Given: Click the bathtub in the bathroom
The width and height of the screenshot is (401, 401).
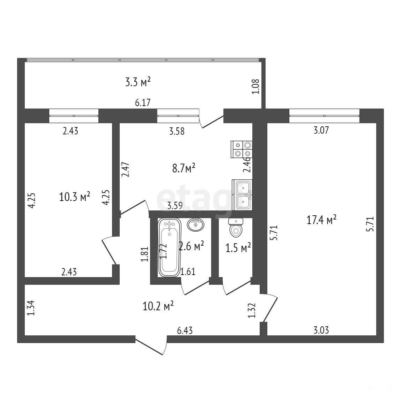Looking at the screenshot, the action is coord(169,247).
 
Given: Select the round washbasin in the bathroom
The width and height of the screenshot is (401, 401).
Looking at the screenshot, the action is coord(196,224).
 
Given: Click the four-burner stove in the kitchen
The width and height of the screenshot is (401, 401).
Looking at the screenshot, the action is coord(242,149).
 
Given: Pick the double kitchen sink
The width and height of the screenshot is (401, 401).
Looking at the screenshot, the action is coord(242,195).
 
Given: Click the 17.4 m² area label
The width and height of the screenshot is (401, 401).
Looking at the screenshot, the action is coord(321,220).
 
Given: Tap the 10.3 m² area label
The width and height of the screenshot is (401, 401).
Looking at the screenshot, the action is coord(74,197).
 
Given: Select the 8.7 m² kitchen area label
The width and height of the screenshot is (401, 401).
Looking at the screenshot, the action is coord(184,169).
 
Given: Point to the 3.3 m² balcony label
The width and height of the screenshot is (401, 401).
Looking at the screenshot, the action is coord(138,82).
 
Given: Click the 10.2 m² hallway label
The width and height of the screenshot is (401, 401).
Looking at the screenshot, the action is coord(158,306).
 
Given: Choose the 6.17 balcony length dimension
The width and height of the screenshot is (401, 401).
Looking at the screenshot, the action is coord(143,103).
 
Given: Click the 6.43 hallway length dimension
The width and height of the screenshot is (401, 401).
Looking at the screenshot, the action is coord(185,331).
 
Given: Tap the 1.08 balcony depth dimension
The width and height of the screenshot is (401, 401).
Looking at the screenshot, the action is coord(256,87).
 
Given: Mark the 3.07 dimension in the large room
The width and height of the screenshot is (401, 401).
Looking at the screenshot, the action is coord(321,131).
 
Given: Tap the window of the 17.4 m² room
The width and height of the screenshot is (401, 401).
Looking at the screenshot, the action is coord(324,116).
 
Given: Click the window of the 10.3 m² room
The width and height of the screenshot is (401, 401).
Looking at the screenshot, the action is coord(74,116).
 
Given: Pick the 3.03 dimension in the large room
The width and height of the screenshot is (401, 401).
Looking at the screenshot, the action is coord(321,331).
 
